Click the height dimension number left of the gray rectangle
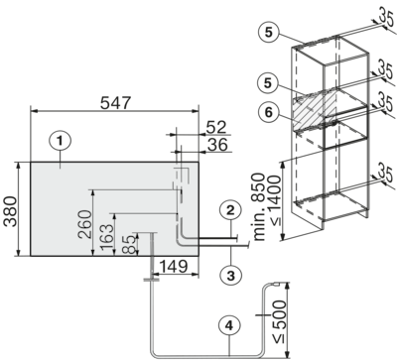point(21,211)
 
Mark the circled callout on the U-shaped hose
point(228,321)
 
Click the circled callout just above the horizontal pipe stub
point(228,209)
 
